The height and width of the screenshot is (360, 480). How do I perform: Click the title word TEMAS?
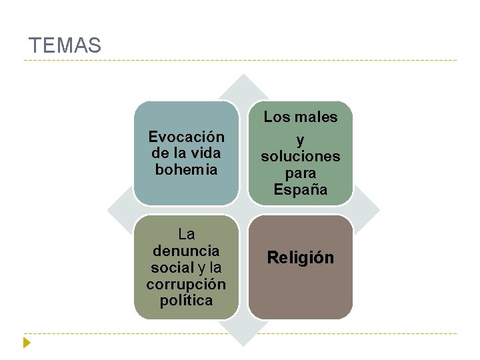(65, 46)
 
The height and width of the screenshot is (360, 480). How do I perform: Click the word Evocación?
(186, 137)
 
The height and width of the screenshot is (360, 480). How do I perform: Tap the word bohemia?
(186, 169)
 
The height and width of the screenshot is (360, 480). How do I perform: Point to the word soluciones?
(300, 157)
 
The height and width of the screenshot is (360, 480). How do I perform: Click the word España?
(300, 190)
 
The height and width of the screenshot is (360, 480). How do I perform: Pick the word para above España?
(300, 173)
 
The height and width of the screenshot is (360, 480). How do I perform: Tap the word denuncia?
(186, 251)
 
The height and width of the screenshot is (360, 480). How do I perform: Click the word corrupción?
(186, 285)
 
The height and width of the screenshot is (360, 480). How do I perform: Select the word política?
(186, 301)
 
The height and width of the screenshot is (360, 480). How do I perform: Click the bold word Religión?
(300, 258)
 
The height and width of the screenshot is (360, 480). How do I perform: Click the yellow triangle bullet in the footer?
(27, 343)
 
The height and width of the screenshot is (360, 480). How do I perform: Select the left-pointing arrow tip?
(113, 211)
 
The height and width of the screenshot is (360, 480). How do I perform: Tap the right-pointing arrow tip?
(375, 211)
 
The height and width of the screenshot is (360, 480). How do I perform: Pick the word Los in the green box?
(275, 117)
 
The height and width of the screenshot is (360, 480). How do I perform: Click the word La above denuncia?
(186, 235)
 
